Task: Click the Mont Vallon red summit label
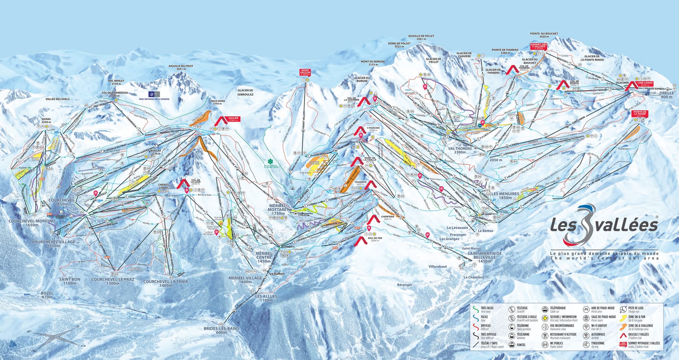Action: tap(305, 72)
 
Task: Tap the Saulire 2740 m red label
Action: tap(233, 119)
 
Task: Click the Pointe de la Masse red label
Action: tap(640, 113)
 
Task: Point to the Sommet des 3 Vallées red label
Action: tap(539, 46)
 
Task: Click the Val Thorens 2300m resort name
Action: tap(460, 150)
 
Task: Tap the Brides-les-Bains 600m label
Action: tap(221, 330)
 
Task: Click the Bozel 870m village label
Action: tap(47, 295)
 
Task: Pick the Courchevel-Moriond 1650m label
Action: tap(32, 223)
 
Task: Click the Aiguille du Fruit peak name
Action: tap(180, 68)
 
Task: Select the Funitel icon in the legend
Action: tap(511, 344)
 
